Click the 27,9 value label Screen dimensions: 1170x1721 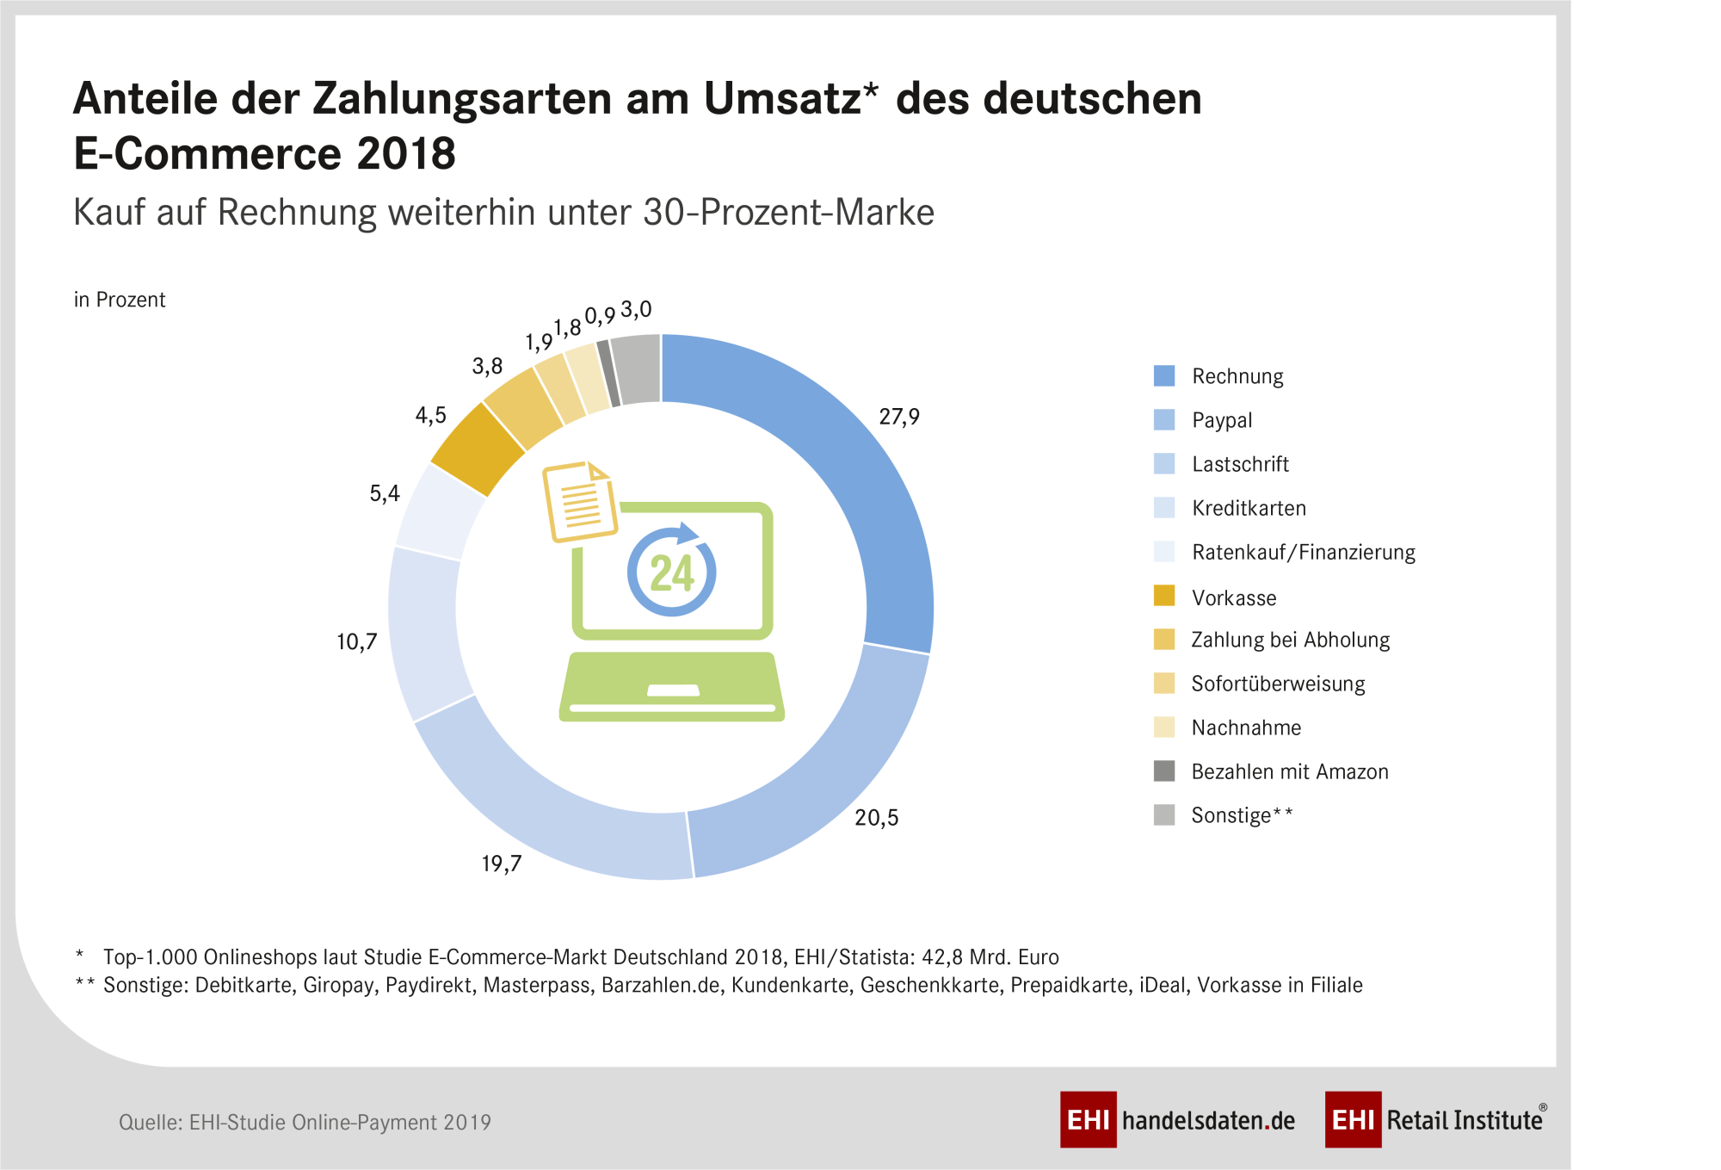[x=899, y=417]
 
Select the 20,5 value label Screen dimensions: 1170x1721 [x=876, y=817]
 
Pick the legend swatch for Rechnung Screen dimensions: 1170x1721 [x=1163, y=375]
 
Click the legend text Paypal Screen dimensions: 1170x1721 [x=1222, y=420]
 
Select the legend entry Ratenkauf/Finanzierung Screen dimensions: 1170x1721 [x=1303, y=552]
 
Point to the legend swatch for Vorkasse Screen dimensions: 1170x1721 [x=1163, y=596]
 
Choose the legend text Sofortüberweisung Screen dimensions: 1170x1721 [x=1278, y=684]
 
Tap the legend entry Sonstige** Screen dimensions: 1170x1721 [x=1241, y=815]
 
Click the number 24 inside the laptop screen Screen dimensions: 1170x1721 [x=672, y=573]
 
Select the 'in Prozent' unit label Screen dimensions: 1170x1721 [x=120, y=300]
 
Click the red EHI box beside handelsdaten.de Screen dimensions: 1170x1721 [x=1088, y=1119]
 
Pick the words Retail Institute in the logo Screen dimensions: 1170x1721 [x=1465, y=1120]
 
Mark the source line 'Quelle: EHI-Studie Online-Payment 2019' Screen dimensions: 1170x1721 [x=305, y=1122]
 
